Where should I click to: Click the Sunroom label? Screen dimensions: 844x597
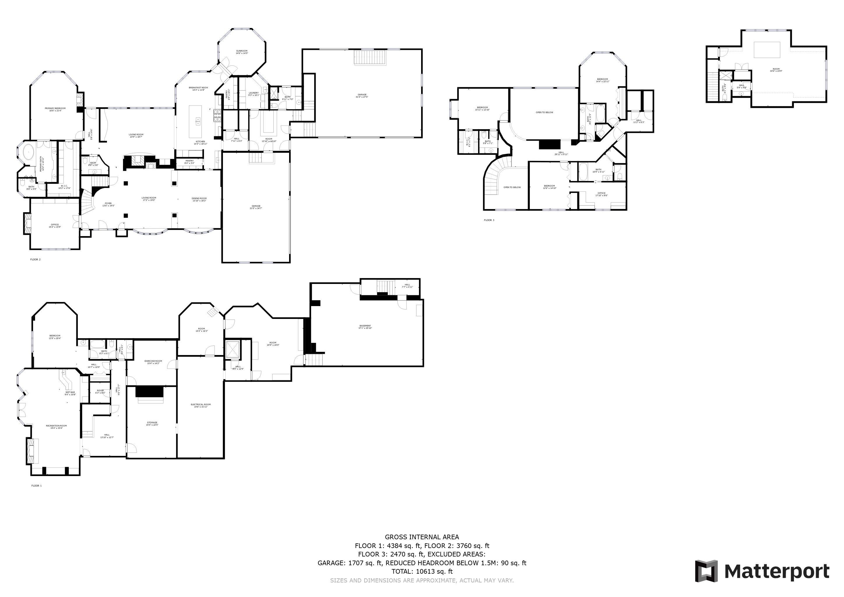click(242, 52)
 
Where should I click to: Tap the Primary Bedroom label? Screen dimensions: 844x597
click(55, 109)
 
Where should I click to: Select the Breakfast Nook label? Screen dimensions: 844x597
click(198, 89)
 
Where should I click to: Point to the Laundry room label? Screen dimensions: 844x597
click(254, 94)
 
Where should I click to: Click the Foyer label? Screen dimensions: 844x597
click(108, 204)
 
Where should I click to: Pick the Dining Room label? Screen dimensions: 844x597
click(199, 199)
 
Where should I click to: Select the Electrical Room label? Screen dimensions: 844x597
click(201, 405)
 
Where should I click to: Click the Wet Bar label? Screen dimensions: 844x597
click(70, 393)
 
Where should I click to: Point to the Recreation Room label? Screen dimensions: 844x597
click(57, 427)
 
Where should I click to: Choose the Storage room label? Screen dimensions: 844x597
click(152, 424)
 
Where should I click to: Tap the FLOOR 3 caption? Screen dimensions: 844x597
click(489, 220)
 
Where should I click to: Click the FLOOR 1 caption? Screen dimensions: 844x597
click(36, 486)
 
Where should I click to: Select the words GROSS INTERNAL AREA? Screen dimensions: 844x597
click(422, 537)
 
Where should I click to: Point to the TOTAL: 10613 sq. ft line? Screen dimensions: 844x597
click(422, 572)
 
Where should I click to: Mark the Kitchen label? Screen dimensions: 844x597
click(200, 143)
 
